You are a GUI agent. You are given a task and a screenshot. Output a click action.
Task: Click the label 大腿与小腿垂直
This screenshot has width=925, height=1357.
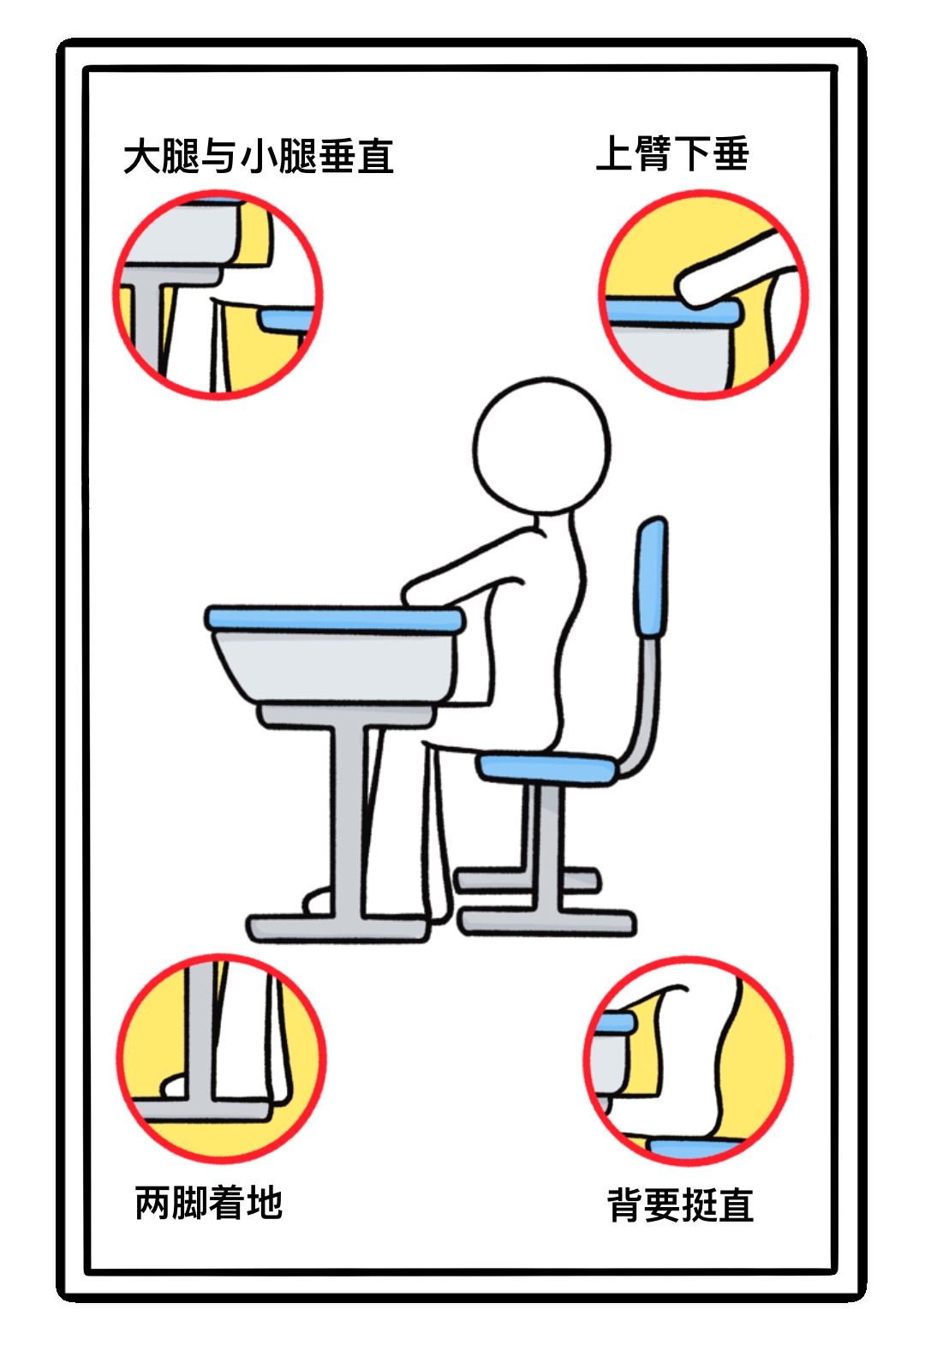[x=259, y=156]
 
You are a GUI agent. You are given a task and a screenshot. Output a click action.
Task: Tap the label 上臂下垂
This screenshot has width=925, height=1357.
[x=672, y=153]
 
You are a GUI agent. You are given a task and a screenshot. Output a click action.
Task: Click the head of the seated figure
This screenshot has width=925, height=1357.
[x=542, y=445]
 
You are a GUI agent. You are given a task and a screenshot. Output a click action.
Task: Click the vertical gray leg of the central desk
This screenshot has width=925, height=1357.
[x=349, y=818]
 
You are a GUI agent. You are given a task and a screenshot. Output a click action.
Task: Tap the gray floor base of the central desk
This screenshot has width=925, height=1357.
[x=338, y=928]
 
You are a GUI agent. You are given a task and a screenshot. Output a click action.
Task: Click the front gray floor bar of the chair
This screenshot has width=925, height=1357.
[x=547, y=922]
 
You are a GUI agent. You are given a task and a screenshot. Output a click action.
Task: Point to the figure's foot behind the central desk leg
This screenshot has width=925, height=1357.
[x=318, y=901]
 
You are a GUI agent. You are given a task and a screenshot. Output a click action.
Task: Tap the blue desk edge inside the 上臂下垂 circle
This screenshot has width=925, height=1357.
[x=672, y=311]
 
